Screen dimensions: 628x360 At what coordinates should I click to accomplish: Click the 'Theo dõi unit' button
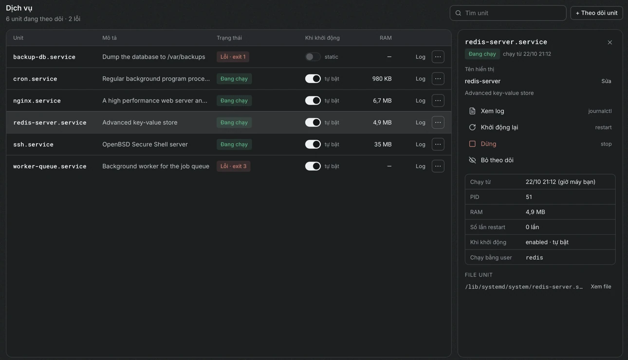tap(596, 13)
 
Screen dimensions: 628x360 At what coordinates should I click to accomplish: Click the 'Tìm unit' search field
tap(508, 13)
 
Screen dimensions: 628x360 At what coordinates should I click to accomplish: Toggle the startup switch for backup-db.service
tap(313, 57)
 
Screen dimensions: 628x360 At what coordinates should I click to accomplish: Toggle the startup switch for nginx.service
tap(313, 101)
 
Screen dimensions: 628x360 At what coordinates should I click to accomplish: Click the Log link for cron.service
tap(420, 79)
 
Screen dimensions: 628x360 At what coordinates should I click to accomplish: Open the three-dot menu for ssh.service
tap(438, 144)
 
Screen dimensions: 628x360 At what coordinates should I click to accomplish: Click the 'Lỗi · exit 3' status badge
tap(233, 166)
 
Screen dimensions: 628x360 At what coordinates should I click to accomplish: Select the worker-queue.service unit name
tap(50, 166)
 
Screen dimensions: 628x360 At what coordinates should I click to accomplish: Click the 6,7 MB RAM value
tap(382, 101)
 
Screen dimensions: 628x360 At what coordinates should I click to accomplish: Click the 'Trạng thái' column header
tap(229, 38)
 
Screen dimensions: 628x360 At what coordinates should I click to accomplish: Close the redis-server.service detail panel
tap(610, 42)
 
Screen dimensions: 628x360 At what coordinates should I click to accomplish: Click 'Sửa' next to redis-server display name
tap(606, 81)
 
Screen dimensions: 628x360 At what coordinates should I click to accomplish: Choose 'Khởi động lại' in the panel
tap(499, 127)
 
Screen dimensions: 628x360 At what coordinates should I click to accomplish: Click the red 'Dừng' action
tap(488, 144)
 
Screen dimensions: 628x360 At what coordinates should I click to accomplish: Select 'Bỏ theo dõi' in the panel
tap(497, 160)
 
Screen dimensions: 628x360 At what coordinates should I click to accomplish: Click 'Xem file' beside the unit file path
tap(601, 287)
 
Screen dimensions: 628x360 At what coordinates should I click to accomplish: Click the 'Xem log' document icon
tap(472, 111)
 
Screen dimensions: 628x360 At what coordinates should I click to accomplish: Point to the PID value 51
tap(529, 197)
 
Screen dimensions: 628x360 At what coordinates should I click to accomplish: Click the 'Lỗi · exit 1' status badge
tap(233, 57)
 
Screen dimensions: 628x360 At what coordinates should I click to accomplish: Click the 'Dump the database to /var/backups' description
tap(154, 57)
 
